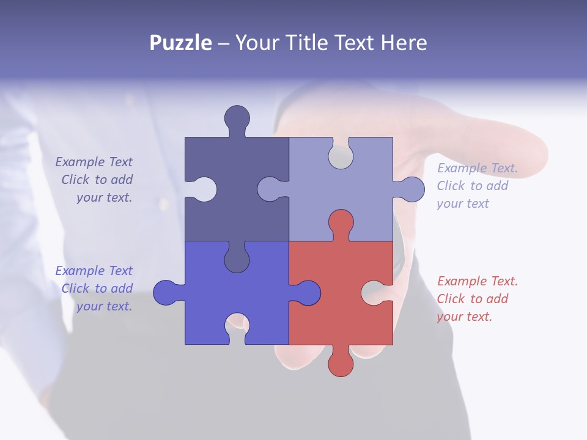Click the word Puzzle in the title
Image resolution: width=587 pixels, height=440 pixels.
click(x=181, y=43)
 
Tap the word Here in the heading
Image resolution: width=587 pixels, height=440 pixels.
click(x=404, y=43)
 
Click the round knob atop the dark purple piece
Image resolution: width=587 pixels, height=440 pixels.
click(x=237, y=117)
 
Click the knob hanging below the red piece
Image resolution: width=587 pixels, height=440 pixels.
click(x=341, y=364)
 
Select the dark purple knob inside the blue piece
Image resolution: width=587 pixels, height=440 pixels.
click(x=237, y=260)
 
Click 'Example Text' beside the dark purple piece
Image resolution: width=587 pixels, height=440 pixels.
click(x=94, y=162)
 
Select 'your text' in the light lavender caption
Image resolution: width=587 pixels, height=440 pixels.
click(x=462, y=204)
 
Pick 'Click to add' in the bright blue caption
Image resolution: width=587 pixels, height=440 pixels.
click(x=97, y=288)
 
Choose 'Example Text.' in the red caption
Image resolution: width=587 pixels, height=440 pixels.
click(x=477, y=281)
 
